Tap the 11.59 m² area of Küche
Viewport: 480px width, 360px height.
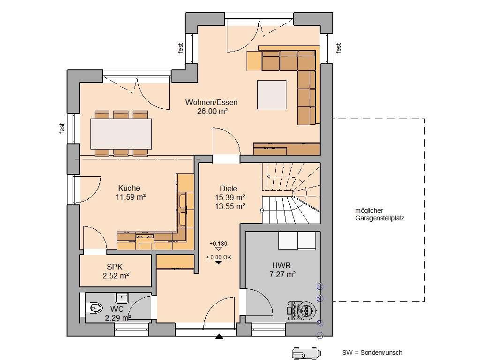[130, 197]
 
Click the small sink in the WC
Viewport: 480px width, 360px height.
[122, 297]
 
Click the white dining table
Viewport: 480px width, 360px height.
[121, 134]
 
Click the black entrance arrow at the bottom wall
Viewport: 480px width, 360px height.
[218, 336]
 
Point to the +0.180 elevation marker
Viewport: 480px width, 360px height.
[218, 244]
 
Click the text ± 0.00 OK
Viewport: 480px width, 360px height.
[218, 256]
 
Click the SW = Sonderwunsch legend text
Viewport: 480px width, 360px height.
[372, 352]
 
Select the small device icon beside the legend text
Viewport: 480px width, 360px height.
[305, 352]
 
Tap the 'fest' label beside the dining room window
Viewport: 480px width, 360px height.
[62, 128]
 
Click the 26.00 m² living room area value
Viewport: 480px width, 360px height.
[213, 111]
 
